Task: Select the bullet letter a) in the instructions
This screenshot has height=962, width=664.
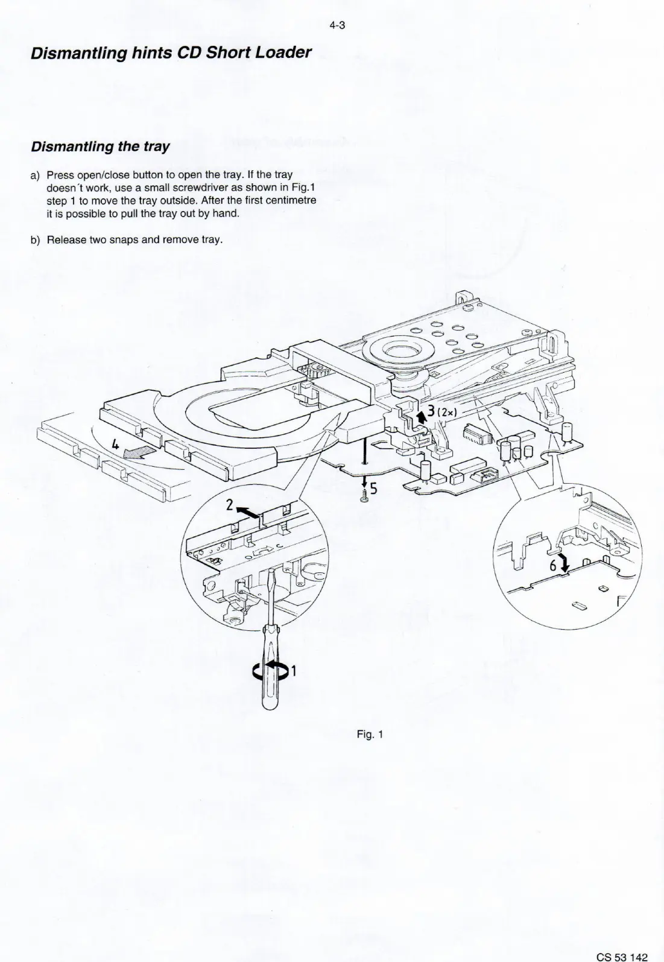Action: pos(35,175)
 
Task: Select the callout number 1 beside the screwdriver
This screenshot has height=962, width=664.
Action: pos(294,671)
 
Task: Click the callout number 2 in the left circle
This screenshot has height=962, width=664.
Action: pos(229,505)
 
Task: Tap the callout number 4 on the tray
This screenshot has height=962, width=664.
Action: pos(115,446)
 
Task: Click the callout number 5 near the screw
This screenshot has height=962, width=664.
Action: pos(373,489)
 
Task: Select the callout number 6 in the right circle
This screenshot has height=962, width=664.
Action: pos(552,566)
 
